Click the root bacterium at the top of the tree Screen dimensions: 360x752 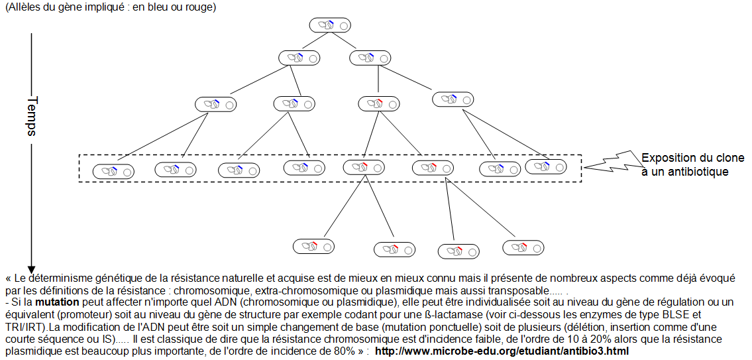[x=329, y=25]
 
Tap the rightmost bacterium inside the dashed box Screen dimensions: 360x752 [x=547, y=166]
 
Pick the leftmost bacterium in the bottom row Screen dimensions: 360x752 [x=314, y=246]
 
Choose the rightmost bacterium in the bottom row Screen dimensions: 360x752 [x=523, y=247]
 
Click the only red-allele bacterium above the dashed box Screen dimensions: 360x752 [x=378, y=103]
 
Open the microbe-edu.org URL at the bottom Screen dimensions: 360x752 [x=502, y=351]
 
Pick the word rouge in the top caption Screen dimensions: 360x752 [x=198, y=7]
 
